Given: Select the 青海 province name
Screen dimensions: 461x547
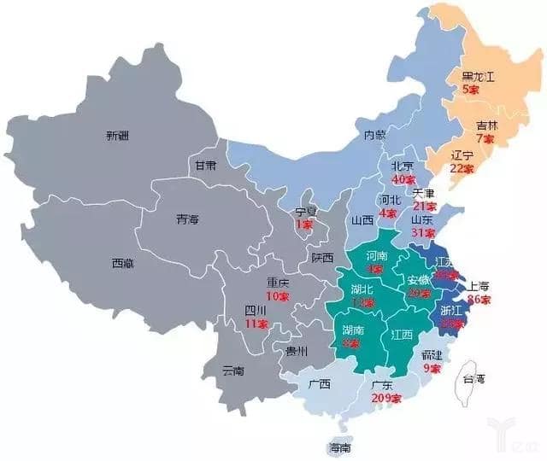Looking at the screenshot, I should [x=187, y=219].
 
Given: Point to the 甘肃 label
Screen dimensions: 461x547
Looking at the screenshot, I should [x=205, y=165].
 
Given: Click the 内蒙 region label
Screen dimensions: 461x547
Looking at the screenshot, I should [x=376, y=135].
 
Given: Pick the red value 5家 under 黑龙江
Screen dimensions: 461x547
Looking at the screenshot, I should [x=470, y=87].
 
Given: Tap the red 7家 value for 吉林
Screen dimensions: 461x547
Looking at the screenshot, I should [x=485, y=138].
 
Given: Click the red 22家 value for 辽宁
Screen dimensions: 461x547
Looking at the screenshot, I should [x=462, y=168].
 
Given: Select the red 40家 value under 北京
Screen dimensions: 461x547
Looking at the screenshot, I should [x=403, y=179].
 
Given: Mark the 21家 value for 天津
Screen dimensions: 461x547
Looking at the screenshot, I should [x=425, y=206].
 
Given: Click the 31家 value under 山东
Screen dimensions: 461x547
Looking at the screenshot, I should [x=423, y=232].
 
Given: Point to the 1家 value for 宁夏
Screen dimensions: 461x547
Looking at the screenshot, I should [x=304, y=224].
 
